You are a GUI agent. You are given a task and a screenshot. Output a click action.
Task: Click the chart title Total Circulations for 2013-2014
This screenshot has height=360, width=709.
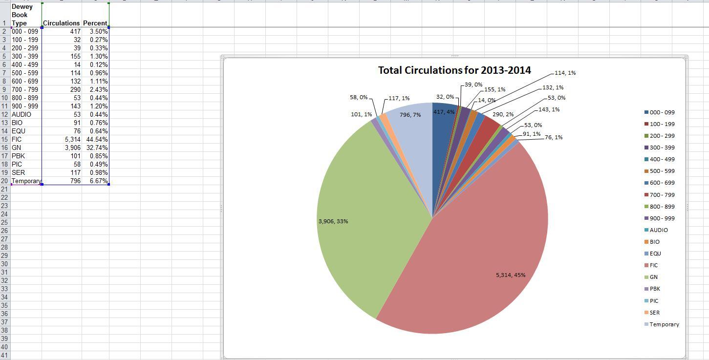point(454,70)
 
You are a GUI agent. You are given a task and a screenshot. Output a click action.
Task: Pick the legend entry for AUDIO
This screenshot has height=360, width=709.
point(658,230)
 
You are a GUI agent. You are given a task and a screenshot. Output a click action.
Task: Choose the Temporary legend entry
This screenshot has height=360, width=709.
point(664,324)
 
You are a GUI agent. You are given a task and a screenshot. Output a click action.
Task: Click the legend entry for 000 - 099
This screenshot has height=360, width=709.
point(662,112)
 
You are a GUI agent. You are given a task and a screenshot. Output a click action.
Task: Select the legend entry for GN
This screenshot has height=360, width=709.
point(653,277)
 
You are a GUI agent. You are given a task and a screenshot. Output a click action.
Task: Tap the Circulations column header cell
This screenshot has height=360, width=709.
point(61,23)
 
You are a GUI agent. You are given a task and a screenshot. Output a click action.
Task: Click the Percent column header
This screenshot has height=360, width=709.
point(95,23)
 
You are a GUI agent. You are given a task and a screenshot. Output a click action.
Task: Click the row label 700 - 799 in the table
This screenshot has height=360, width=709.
point(24,89)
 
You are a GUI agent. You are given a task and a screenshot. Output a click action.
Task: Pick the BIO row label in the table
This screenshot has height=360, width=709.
point(18,123)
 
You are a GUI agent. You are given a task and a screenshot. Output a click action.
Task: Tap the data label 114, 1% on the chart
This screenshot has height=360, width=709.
point(565,73)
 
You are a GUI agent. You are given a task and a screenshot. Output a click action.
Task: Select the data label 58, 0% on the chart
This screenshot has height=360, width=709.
point(358,97)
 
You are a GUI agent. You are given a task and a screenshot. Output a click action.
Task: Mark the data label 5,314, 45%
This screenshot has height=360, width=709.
point(511,275)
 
